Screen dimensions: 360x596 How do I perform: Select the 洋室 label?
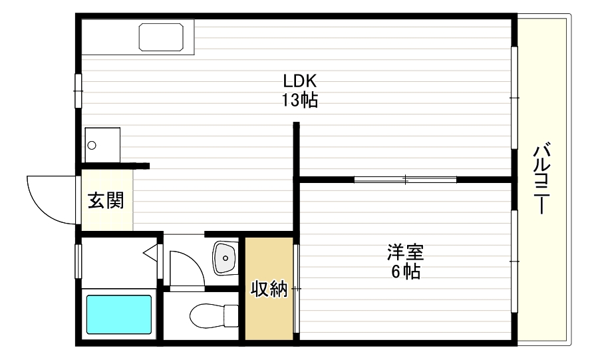(x=405, y=253)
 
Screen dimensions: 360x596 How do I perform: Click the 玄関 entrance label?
(x=106, y=200)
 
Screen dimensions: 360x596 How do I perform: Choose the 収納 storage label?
(x=269, y=289)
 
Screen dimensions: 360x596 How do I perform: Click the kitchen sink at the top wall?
(x=161, y=37)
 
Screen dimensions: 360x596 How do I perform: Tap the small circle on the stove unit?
(x=92, y=144)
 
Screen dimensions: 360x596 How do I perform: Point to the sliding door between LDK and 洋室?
(x=405, y=179)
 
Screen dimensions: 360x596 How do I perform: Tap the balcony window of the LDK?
(x=514, y=97)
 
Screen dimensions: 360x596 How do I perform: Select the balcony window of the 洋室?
(x=514, y=261)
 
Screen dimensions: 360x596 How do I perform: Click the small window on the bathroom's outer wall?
(x=78, y=262)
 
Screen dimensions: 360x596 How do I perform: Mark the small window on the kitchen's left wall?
(x=78, y=90)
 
